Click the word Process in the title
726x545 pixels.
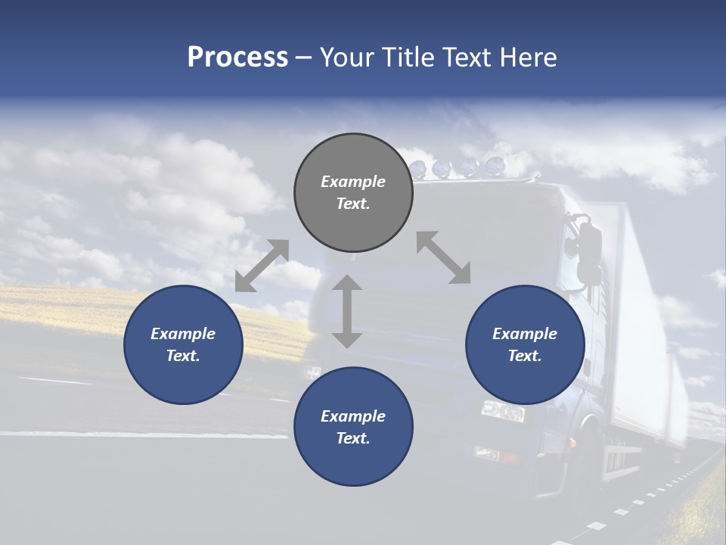coord(237,58)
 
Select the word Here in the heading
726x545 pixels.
coord(529,58)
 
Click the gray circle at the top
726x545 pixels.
coord(353,192)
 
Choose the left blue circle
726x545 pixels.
coord(183,344)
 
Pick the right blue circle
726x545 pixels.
coord(525,344)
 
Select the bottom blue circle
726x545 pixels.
coord(353,427)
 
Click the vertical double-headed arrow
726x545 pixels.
coord(347,312)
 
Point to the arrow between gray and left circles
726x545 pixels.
coord(262,265)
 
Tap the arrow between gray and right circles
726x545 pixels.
coord(443,257)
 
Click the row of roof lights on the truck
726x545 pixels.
coord(458,166)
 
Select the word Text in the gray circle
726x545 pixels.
coord(353,204)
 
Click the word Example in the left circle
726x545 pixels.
coord(183,334)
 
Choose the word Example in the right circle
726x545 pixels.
coord(525,334)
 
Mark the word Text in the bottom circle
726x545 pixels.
coord(353,438)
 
